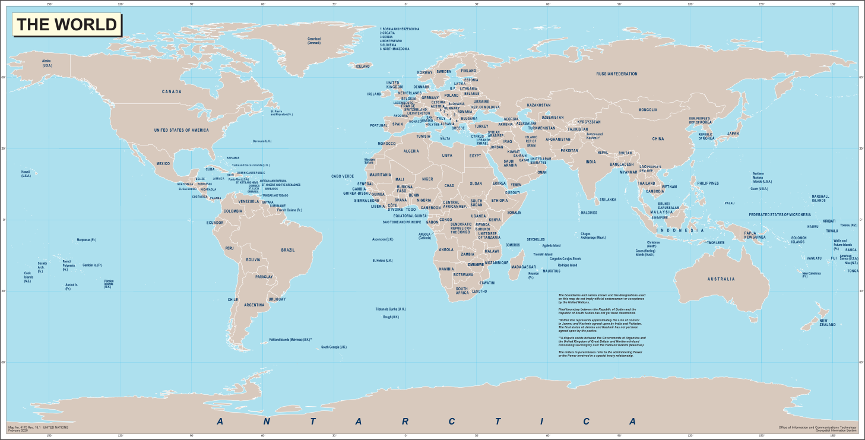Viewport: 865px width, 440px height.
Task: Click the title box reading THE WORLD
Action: (x=67, y=25)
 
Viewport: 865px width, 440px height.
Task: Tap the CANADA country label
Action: (x=172, y=92)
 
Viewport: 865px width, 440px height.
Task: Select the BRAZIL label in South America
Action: (x=288, y=250)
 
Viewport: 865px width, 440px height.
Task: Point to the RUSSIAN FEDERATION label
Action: (x=617, y=74)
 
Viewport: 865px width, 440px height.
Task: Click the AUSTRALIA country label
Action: (x=721, y=279)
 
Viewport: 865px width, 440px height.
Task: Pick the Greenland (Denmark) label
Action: (x=313, y=41)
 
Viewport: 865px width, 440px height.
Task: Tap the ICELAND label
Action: (x=362, y=67)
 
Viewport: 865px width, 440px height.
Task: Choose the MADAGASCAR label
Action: (x=524, y=267)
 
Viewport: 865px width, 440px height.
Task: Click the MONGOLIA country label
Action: (x=648, y=110)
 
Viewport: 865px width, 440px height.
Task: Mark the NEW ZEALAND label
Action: (x=828, y=323)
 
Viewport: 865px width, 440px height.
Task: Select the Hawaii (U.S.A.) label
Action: (x=26, y=174)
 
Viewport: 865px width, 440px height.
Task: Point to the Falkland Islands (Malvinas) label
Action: (x=291, y=340)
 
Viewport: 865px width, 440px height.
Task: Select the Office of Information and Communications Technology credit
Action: (x=818, y=427)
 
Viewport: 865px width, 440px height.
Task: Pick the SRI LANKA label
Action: (x=608, y=200)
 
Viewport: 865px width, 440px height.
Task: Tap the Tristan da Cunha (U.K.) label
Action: (x=390, y=309)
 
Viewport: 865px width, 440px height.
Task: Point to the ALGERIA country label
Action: (x=411, y=151)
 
